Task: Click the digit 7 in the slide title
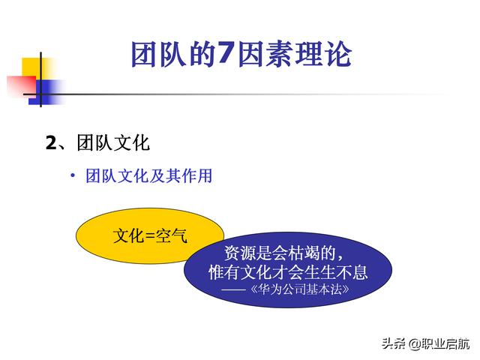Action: click(226, 54)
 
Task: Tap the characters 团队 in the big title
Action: click(158, 54)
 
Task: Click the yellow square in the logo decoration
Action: click(37, 69)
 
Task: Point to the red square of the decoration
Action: click(22, 85)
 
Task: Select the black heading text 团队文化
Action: click(113, 142)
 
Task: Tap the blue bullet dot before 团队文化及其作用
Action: click(73, 175)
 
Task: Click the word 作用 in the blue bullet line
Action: click(196, 175)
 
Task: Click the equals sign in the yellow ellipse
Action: click(150, 236)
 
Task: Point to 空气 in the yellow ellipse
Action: click(172, 235)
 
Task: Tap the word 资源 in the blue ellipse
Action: click(240, 253)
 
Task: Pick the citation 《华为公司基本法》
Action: click(300, 289)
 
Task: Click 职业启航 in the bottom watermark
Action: click(445, 343)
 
